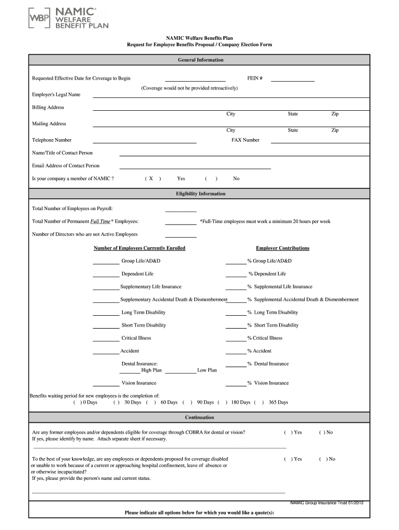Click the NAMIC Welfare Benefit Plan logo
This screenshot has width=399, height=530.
[x=68, y=19]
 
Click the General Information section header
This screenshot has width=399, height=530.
[x=201, y=60]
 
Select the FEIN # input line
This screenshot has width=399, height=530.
[x=292, y=80]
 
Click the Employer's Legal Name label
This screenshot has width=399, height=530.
[x=56, y=95]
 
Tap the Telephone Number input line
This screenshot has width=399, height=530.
[x=144, y=141]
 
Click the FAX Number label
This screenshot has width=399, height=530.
[x=245, y=140]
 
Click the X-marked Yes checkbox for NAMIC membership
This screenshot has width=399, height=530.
[x=151, y=179]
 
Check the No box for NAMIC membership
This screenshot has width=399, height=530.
[x=211, y=179]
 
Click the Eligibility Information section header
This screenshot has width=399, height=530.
[x=201, y=194]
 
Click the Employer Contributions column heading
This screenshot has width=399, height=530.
[x=282, y=248]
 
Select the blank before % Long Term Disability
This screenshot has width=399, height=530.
[x=236, y=313]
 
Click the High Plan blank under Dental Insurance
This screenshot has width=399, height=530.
[x=130, y=371]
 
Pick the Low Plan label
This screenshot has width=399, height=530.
[x=207, y=371]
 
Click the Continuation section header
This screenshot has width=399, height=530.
[x=199, y=418]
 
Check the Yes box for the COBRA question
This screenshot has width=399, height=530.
[x=288, y=433]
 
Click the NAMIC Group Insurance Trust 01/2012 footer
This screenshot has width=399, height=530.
[x=326, y=503]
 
